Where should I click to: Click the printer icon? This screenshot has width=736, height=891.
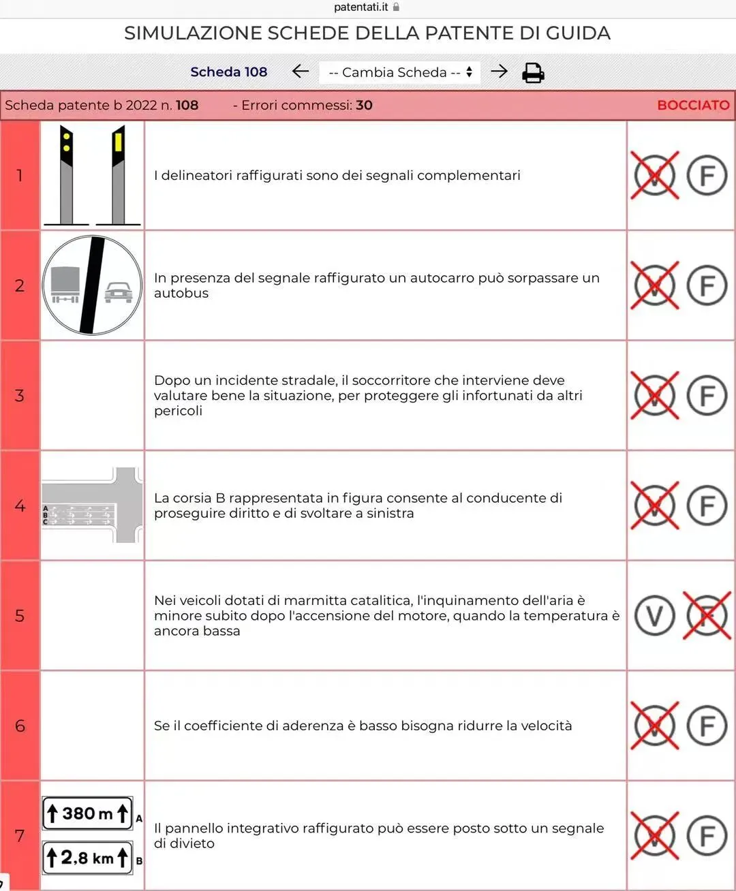click(x=533, y=72)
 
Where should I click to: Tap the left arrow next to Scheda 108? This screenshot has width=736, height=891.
click(x=300, y=71)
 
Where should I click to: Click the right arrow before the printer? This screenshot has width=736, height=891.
click(x=499, y=71)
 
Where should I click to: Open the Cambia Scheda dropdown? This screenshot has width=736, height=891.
click(x=399, y=72)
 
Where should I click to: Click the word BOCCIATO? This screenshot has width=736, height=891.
click(x=693, y=105)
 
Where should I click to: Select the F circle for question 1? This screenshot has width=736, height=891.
click(x=707, y=175)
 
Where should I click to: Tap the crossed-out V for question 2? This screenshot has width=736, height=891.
click(x=654, y=285)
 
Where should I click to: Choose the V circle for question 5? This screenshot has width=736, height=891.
click(x=654, y=615)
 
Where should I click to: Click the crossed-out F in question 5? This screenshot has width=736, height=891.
click(x=707, y=615)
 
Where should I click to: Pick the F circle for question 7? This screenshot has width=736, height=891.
click(x=707, y=836)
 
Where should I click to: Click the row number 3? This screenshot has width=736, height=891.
click(x=20, y=395)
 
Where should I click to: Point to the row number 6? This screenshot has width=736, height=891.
click(x=20, y=725)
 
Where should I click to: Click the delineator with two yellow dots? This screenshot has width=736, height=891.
click(x=67, y=175)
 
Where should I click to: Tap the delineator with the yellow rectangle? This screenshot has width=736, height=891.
click(x=119, y=175)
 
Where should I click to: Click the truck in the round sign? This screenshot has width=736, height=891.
click(x=65, y=284)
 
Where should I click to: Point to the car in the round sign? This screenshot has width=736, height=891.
click(x=119, y=292)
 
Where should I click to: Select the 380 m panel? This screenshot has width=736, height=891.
click(x=87, y=813)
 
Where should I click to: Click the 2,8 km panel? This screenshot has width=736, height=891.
click(x=87, y=858)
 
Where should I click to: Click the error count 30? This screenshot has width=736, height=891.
click(x=364, y=105)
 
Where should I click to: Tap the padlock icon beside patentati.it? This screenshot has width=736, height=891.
click(x=396, y=7)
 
